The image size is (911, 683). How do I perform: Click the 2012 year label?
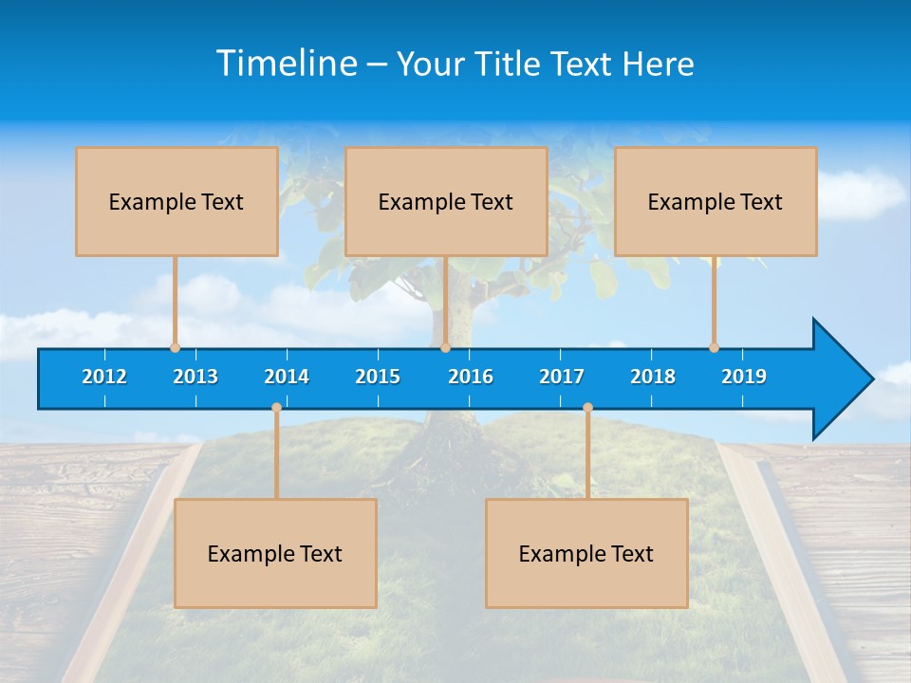(x=104, y=377)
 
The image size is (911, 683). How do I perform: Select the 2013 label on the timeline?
(x=195, y=377)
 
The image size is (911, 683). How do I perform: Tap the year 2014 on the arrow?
(x=287, y=377)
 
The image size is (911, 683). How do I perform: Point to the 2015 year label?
(x=378, y=377)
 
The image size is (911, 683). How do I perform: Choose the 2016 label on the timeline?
(x=471, y=377)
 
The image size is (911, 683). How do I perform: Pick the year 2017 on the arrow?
(x=562, y=377)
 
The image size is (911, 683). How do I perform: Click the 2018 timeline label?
(x=653, y=377)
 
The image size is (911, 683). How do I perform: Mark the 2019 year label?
(x=744, y=377)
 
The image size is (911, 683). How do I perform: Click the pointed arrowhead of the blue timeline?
(x=845, y=379)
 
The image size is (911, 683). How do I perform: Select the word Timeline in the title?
(x=287, y=64)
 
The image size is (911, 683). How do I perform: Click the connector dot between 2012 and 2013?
(x=175, y=348)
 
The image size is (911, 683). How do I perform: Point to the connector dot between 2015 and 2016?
(x=445, y=348)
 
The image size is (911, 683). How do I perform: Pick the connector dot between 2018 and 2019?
(x=714, y=348)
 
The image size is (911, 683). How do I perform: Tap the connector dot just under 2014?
(x=276, y=408)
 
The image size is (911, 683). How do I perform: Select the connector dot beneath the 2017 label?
(x=587, y=408)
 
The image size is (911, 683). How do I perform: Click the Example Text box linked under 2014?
(x=275, y=553)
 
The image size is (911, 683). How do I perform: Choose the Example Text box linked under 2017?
(x=586, y=553)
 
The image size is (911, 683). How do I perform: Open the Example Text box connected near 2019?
(x=716, y=201)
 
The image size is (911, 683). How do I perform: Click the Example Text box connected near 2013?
(x=177, y=201)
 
